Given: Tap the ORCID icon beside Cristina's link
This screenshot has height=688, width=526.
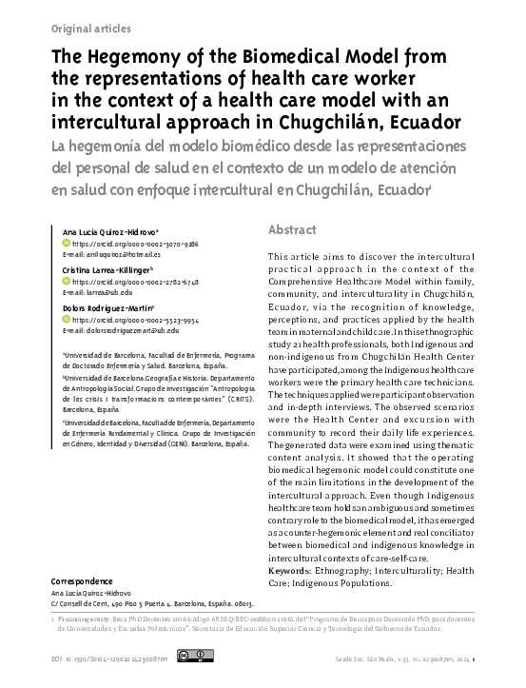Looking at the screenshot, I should (x=66, y=283).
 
